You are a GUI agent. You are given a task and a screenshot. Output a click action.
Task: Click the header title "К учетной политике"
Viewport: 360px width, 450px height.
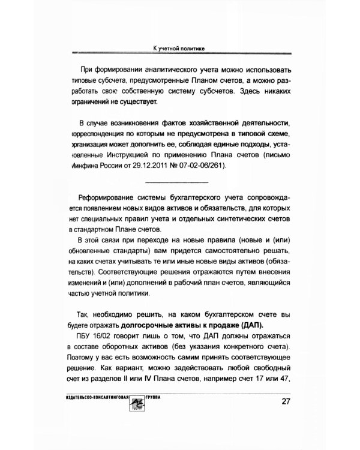180,47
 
